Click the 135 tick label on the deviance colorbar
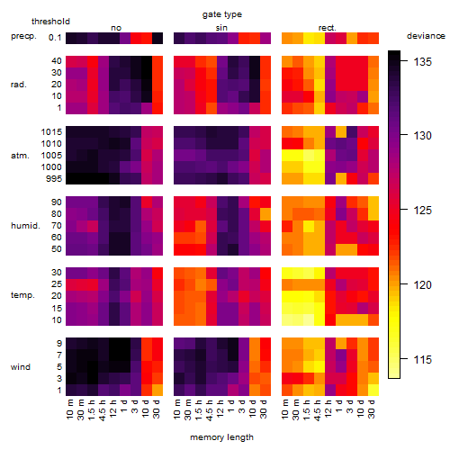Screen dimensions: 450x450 tap(422, 62)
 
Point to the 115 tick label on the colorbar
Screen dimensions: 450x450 tap(422, 359)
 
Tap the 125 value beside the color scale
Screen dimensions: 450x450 tap(422, 210)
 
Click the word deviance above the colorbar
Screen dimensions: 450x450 tap(426, 36)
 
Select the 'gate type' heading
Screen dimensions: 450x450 tap(222, 14)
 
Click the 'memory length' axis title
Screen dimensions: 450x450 tap(221, 437)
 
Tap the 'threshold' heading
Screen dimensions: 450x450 tap(50, 22)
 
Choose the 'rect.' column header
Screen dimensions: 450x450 tap(327, 28)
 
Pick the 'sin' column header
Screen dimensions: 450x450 tap(221, 28)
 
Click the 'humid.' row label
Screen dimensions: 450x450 tap(25, 226)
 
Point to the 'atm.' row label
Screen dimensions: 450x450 tap(20, 156)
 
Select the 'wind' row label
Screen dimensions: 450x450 tap(21, 367)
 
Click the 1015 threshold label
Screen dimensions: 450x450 tap(51, 132)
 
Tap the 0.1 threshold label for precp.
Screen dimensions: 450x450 tap(55, 38)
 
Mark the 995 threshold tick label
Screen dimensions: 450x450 tap(54, 179)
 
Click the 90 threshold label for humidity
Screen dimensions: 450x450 tap(56, 202)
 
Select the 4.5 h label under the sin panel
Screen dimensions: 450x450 tap(210, 409)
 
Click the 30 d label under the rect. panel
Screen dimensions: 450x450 tap(372, 409)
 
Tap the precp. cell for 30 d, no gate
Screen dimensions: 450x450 tap(157, 38)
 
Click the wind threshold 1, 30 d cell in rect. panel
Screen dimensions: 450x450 tap(373, 390)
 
